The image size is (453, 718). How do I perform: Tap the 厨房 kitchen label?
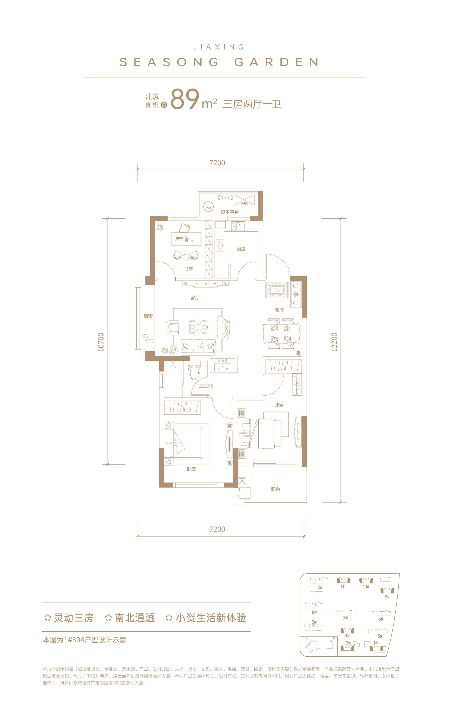pyautogui.click(x=241, y=249)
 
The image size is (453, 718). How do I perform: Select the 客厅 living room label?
pyautogui.click(x=195, y=297)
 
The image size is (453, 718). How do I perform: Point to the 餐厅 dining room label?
pyautogui.click(x=279, y=310)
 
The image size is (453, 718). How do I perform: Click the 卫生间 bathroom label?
pyautogui.click(x=206, y=386)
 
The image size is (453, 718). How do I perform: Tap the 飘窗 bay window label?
pyautogui.click(x=148, y=316)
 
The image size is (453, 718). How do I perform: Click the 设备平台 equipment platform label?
pyautogui.click(x=230, y=212)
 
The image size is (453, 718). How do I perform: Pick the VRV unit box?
pyautogui.click(x=244, y=200)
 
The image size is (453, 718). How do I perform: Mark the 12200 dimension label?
pyautogui.click(x=334, y=342)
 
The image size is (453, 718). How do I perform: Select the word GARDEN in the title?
pyautogui.click(x=276, y=62)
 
